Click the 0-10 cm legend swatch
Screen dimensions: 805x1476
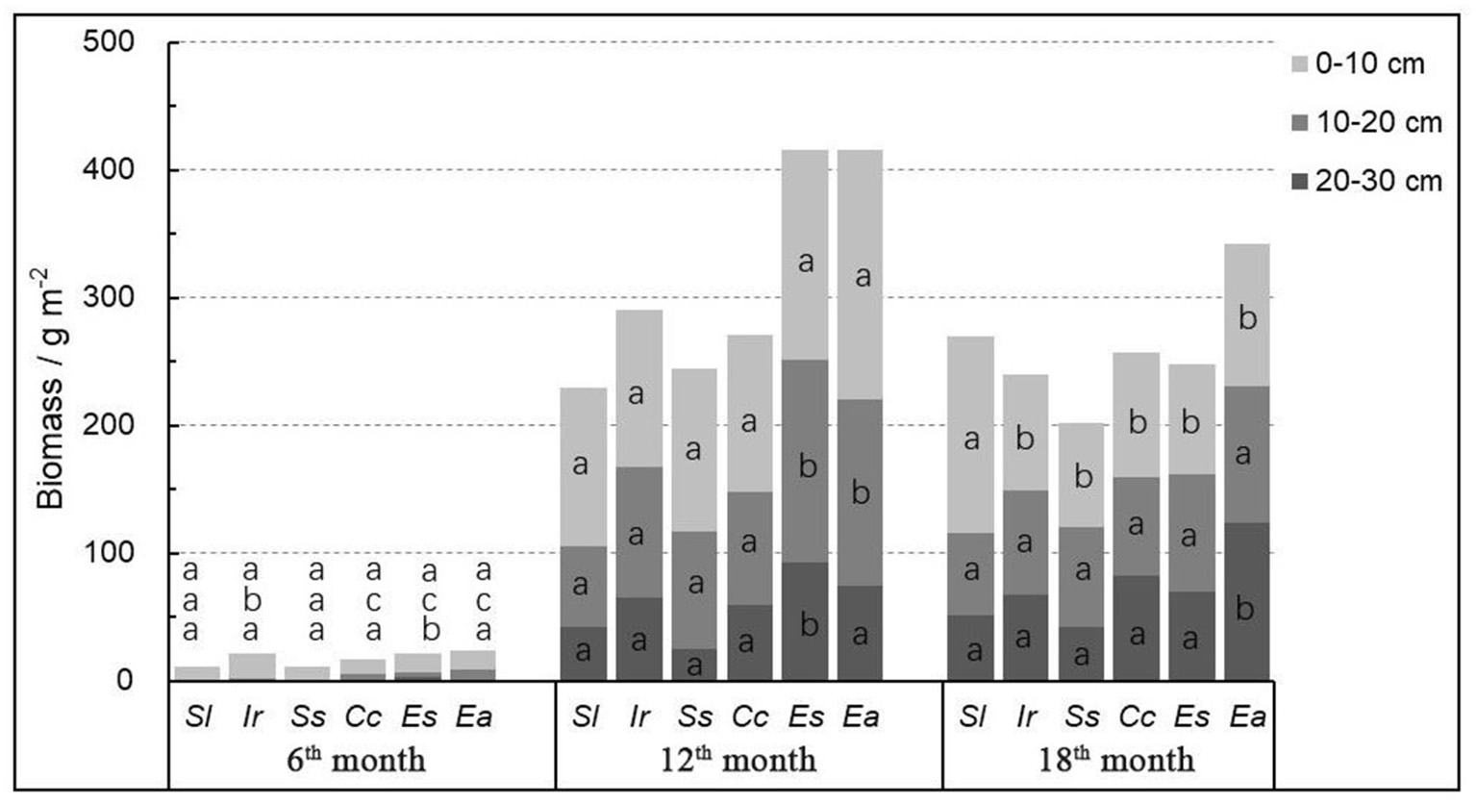(x=1298, y=64)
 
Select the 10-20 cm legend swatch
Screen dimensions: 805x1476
(x=1298, y=123)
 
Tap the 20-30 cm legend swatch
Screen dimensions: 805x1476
(x=1298, y=181)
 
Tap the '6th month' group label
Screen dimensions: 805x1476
(x=357, y=761)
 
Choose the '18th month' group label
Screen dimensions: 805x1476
(x=1116, y=761)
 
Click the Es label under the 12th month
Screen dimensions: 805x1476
(x=805, y=717)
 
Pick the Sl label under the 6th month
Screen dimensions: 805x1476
(x=198, y=717)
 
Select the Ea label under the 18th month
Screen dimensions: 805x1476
(x=1247, y=717)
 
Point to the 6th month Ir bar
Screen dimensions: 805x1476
(x=252, y=667)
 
